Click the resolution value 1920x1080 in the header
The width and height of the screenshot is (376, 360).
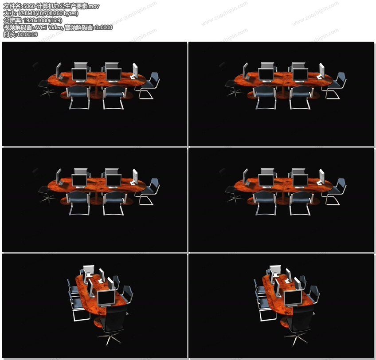pos(36,20)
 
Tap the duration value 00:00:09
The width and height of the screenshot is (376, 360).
pos(27,34)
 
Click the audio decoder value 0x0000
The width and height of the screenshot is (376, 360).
pos(104,27)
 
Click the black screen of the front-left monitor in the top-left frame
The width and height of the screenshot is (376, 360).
pos(79,74)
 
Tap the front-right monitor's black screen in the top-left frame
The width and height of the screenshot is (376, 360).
pos(114,74)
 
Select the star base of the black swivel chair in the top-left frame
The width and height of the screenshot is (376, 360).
pos(48,92)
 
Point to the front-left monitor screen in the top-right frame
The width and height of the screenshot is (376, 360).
pos(266,74)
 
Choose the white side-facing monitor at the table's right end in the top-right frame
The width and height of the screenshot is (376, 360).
pos(321,71)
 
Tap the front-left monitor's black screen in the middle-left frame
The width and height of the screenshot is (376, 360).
pos(79,180)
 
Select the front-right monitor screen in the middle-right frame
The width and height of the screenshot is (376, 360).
pos(300,180)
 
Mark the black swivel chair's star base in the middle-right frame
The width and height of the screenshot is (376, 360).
pos(235,198)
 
